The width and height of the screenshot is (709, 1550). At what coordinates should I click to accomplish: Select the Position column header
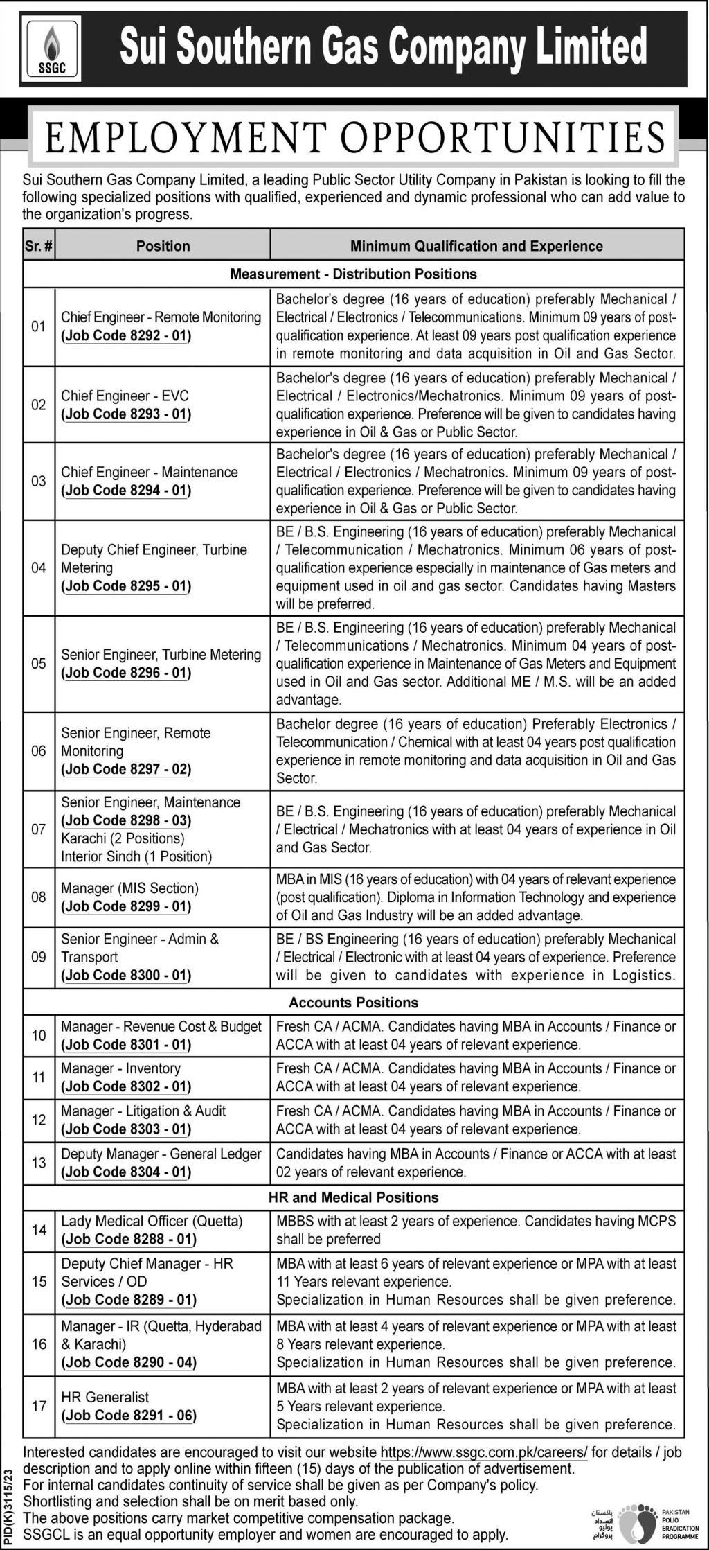pos(163,246)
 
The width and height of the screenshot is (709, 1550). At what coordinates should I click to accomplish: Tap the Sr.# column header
pos(39,246)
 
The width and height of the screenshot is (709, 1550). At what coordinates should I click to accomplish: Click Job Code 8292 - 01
pos(127,336)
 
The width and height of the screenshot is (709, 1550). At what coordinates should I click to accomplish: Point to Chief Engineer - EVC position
pos(125,396)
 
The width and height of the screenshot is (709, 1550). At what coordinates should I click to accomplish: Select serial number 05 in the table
pos(39,663)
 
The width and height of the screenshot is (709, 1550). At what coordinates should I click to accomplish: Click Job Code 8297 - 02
pos(127,769)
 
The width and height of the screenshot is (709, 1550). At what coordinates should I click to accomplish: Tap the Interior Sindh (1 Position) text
pos(136,856)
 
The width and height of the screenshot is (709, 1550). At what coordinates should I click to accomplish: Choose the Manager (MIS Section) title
pos(129,888)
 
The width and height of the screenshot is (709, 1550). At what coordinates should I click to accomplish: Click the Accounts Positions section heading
pos(354,1003)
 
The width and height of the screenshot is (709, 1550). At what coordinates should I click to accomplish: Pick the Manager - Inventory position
pos(120,1068)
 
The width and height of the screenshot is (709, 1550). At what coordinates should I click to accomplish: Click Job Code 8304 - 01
pos(127,1172)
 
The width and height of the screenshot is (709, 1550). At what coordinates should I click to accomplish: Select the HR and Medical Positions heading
pos(354,1197)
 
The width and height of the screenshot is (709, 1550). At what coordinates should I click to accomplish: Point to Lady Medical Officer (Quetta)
pos(152,1222)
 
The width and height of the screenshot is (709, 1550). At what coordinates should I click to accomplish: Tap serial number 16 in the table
pos(39,1344)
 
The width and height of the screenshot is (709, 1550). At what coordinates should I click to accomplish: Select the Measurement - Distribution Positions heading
pos(354,274)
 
